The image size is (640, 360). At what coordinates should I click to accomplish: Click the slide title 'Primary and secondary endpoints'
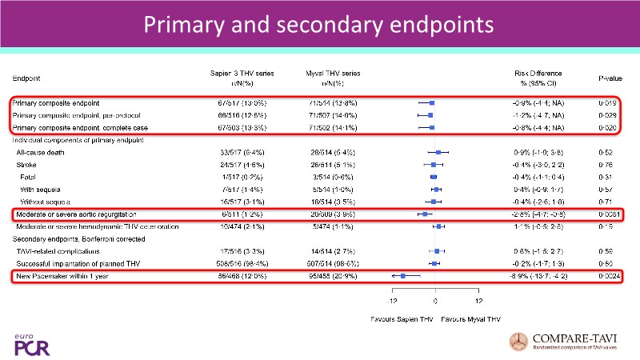[319, 25]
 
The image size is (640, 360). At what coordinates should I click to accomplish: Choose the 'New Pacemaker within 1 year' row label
[61, 276]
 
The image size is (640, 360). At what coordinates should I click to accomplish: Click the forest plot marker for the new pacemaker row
[404, 276]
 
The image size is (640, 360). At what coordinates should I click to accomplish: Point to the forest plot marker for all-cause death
[438, 151]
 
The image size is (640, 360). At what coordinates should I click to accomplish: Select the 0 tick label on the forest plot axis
[435, 302]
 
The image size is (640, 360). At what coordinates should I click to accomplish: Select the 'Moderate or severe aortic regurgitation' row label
[75, 215]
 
